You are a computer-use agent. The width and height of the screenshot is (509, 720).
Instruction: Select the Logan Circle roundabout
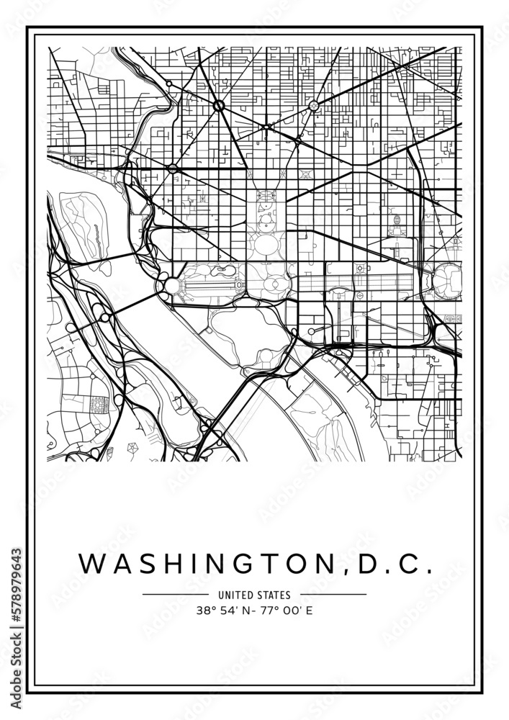[313, 106]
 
